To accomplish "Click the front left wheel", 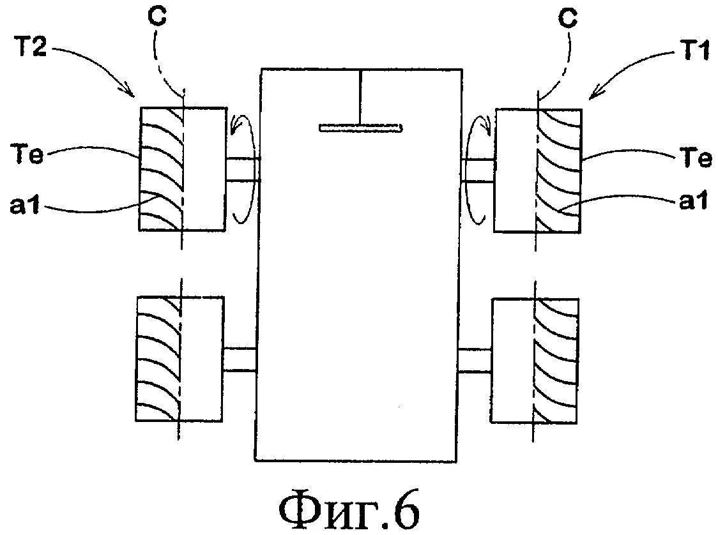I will click(x=182, y=169).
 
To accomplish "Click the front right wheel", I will click(x=538, y=170).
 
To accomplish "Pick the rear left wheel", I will click(x=180, y=358).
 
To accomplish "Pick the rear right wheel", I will click(x=535, y=359).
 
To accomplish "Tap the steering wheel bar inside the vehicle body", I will click(x=361, y=128).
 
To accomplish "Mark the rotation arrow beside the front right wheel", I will click(x=478, y=169).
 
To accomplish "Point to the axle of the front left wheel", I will click(x=243, y=170).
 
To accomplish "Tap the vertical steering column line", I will click(x=360, y=96).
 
